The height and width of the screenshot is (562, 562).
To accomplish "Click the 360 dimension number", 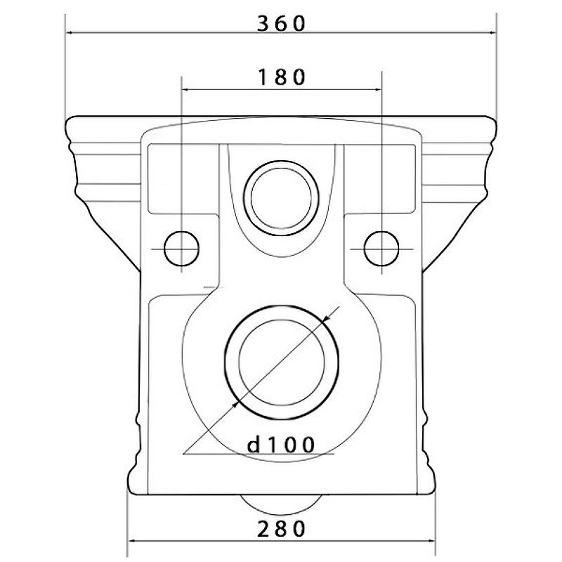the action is [282, 24].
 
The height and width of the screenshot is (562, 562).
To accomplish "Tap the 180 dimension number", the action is [282, 77].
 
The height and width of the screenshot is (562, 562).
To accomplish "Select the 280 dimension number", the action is [282, 529].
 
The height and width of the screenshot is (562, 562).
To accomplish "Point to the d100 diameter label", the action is [281, 445].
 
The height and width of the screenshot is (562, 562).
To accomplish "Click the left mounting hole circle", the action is [181, 249].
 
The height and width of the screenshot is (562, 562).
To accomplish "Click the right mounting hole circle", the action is [381, 249].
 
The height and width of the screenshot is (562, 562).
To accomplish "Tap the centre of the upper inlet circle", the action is [282, 198].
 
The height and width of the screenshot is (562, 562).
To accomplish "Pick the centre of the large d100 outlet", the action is [282, 362].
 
